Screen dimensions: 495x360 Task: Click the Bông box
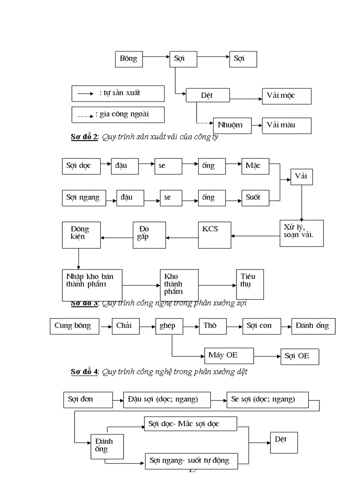[x=129, y=59]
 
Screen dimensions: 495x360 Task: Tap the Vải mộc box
[x=286, y=96]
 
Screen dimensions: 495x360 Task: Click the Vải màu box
[x=286, y=125]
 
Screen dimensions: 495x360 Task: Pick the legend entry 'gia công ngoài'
[x=118, y=115]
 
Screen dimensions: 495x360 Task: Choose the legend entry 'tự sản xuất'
[x=118, y=93]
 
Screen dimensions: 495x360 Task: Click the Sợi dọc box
[x=81, y=166]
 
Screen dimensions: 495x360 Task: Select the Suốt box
[x=255, y=197]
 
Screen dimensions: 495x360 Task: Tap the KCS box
[x=214, y=235]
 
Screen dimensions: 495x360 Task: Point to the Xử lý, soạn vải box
[x=301, y=233]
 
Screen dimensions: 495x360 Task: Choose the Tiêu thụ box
[x=250, y=284]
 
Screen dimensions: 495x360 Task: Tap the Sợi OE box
[x=300, y=357]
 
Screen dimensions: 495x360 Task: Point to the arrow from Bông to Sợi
[x=156, y=57]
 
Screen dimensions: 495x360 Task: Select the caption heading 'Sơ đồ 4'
[x=84, y=372]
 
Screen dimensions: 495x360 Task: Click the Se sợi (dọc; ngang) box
[x=267, y=400]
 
